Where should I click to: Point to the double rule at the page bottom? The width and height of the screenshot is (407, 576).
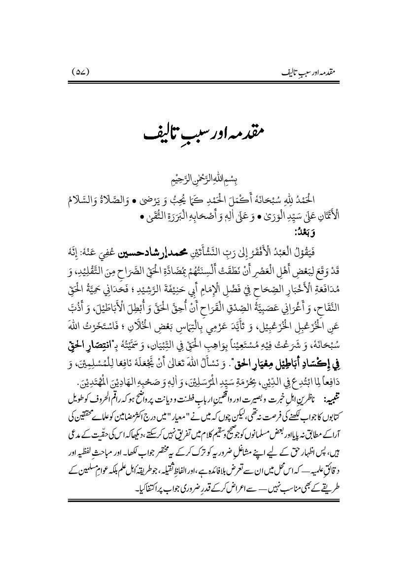(x=203, y=472)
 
